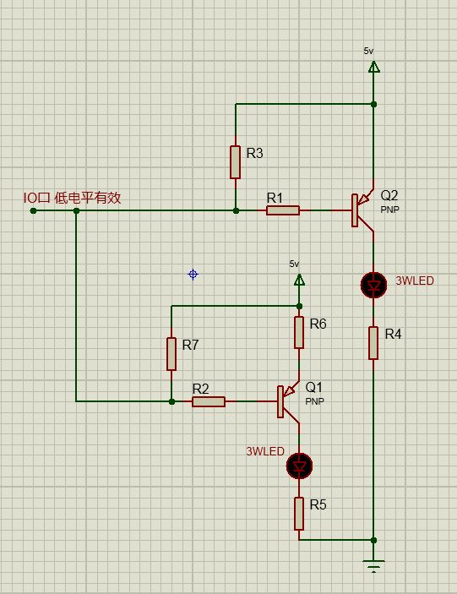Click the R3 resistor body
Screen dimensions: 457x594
pyautogui.click(x=235, y=161)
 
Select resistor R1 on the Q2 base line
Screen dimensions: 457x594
pyautogui.click(x=283, y=210)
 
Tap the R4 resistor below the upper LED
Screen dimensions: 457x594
pyautogui.click(x=373, y=343)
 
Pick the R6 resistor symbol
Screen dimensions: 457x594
pyautogui.click(x=299, y=332)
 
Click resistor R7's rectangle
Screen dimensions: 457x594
pyautogui.click(x=171, y=354)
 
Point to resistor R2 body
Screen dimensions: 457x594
pyautogui.click(x=209, y=401)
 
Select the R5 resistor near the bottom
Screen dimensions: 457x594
pyautogui.click(x=299, y=514)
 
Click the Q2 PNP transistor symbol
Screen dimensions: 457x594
pyautogui.click(x=362, y=210)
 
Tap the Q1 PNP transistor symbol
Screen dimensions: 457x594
pyautogui.click(x=288, y=401)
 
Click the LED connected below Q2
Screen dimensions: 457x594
pyautogui.click(x=373, y=286)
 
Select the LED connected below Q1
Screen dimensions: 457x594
pyautogui.click(x=299, y=466)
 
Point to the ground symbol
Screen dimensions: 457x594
pyautogui.click(x=373, y=566)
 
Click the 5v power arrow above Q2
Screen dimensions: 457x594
pyautogui.click(x=373, y=67)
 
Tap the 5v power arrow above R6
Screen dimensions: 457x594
pyautogui.click(x=299, y=280)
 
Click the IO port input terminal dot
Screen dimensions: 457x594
pyautogui.click(x=33, y=210)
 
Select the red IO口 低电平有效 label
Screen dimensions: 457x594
pyautogui.click(x=73, y=198)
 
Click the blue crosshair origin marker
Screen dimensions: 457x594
pyautogui.click(x=193, y=274)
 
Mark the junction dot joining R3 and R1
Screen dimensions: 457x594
pyautogui.click(x=236, y=210)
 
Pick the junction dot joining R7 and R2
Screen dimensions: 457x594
pyautogui.click(x=171, y=401)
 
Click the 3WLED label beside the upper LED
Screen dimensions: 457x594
pyautogui.click(x=415, y=281)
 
